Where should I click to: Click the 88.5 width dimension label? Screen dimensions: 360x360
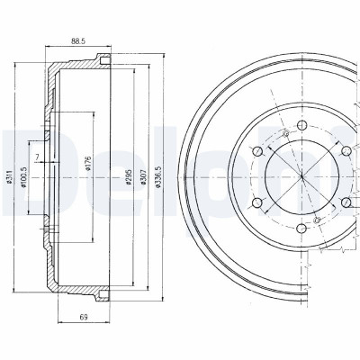click(x=78, y=41)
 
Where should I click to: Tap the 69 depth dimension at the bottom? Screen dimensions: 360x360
click(x=84, y=317)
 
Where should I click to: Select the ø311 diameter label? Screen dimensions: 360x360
click(x=9, y=177)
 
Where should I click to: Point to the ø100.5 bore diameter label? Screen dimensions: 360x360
click(x=23, y=177)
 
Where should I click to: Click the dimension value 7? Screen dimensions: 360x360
click(x=37, y=157)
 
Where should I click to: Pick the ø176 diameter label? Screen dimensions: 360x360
click(x=88, y=164)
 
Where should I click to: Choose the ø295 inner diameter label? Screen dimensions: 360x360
click(x=130, y=177)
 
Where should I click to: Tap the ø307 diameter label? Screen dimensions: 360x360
click(x=144, y=177)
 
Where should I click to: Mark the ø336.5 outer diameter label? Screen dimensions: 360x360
click(x=158, y=177)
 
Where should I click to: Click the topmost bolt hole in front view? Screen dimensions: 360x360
click(x=301, y=125)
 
